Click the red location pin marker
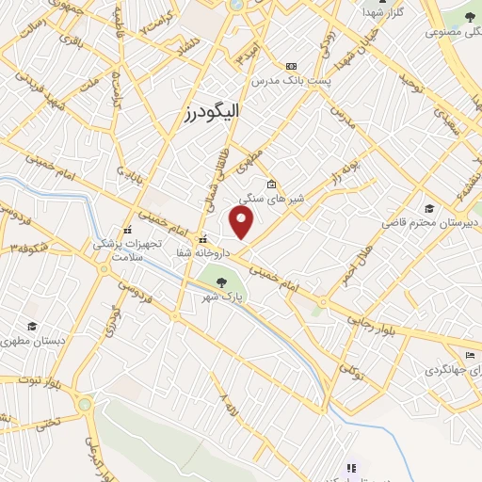tap(243, 222)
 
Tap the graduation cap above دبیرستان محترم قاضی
tap(430, 208)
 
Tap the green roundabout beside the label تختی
tap(86, 405)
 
